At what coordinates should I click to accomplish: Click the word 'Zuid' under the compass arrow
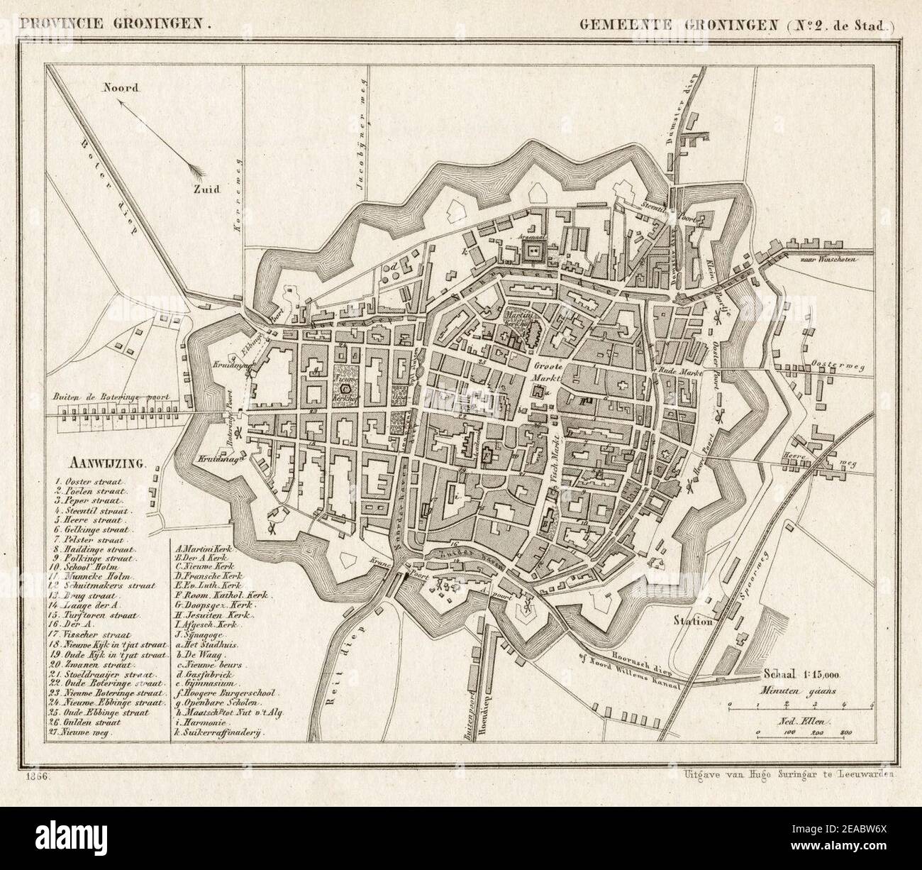click(210, 189)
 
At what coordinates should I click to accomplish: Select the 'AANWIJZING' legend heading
click(106, 465)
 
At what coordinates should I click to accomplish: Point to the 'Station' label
click(694, 621)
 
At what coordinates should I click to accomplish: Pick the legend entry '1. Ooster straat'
click(89, 482)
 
